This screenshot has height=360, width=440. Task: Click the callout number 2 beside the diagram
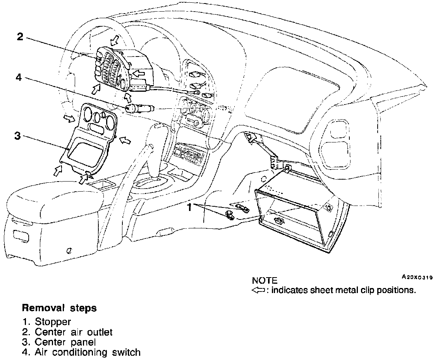[20, 37]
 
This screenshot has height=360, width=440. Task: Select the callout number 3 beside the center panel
[17, 136]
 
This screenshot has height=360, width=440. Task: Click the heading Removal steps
[59, 309]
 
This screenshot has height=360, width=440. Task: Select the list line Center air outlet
[74, 332]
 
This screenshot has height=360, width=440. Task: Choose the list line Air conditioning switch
[88, 352]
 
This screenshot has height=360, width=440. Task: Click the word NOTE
[265, 280]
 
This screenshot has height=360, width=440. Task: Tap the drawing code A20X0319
[417, 277]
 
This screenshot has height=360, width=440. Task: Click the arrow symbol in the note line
[258, 290]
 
